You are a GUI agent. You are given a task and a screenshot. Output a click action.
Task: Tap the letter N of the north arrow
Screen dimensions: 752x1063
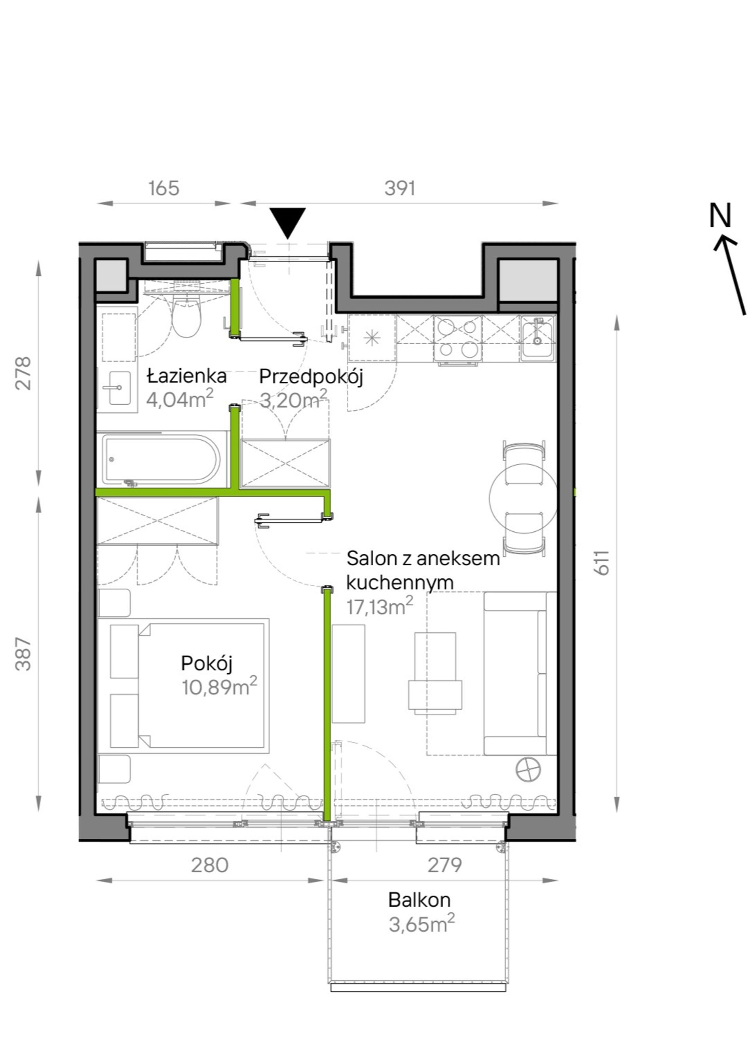720,215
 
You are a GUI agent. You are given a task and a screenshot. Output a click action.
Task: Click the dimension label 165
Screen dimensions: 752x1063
163,188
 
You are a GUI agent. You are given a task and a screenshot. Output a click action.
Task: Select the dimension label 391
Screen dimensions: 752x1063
400,188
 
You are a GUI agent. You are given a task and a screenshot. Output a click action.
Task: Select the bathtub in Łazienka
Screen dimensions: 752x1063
161,459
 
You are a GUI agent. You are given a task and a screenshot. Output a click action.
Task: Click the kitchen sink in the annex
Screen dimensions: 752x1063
537,337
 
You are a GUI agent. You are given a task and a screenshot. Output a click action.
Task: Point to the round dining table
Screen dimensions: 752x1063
523,498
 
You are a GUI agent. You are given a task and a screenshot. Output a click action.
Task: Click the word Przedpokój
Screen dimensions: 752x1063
311,377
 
